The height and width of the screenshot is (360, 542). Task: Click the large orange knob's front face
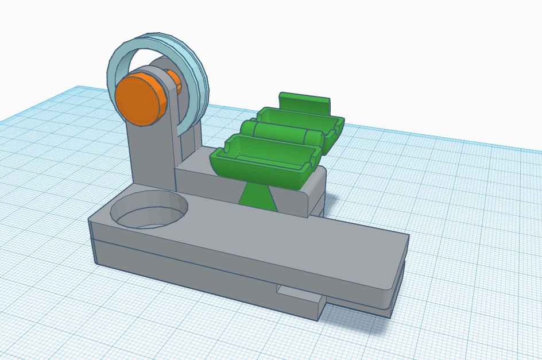tap(138, 99)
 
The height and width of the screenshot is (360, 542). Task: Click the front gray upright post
tap(150, 155)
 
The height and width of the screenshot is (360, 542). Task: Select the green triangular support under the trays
tap(257, 196)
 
